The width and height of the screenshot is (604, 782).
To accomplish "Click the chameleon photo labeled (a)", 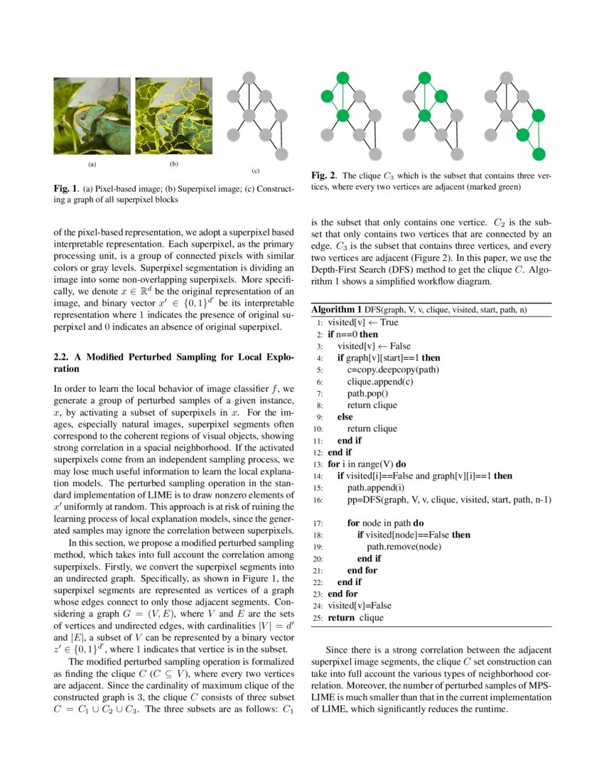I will [x=92, y=116].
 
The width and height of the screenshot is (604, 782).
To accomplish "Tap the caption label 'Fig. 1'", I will [x=67, y=189].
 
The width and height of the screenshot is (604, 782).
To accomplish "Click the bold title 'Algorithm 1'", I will [x=337, y=309].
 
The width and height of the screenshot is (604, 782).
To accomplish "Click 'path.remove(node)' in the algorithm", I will [x=403, y=547].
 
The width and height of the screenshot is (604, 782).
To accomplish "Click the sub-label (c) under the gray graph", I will [x=256, y=171].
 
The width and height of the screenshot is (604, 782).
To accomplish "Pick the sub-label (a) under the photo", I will [x=91, y=164].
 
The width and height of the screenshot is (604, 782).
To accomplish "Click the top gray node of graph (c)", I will [x=248, y=77].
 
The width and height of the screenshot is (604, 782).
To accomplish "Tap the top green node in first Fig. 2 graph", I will [x=342, y=77].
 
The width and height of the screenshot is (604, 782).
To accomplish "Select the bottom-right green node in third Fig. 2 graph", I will [x=539, y=154].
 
